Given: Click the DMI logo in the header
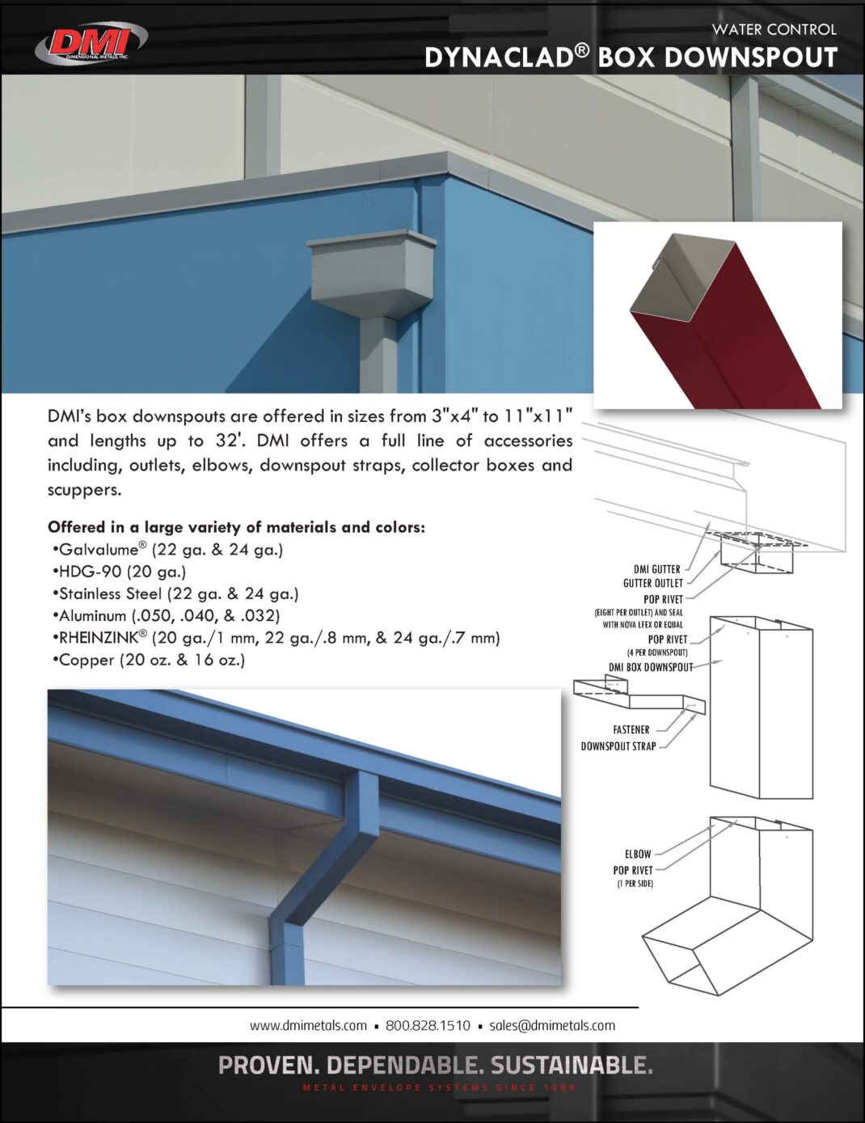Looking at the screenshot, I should [91, 42].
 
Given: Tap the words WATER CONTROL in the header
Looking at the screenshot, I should [774, 29].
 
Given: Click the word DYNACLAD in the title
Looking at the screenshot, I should [498, 57].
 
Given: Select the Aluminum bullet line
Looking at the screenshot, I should [166, 616].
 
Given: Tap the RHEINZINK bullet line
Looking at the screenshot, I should [276, 638].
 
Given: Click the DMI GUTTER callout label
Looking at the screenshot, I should [656, 569].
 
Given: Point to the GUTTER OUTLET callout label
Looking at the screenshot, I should [652, 583].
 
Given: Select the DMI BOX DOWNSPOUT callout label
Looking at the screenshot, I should [651, 668].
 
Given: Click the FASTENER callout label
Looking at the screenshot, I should [631, 730].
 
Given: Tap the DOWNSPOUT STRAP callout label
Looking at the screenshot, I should [618, 747].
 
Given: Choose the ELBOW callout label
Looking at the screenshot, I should [637, 855].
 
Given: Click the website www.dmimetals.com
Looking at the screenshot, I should [308, 1026].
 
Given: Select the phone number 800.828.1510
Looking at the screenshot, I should [428, 1026].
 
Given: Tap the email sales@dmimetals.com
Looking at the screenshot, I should [552, 1026].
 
